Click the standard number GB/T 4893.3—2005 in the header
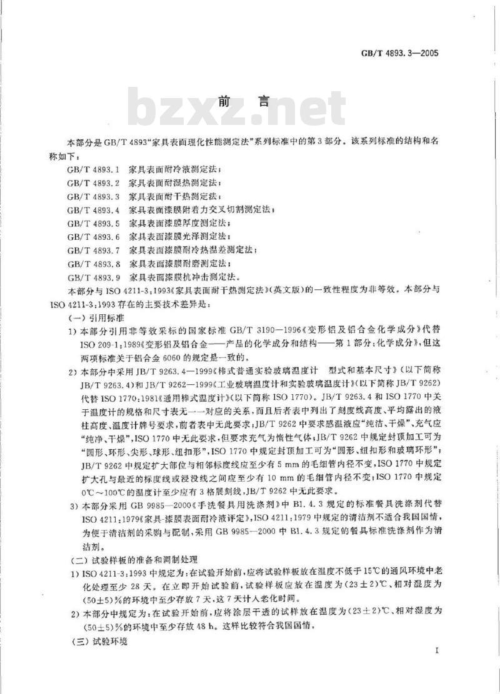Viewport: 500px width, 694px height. pos(397,52)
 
